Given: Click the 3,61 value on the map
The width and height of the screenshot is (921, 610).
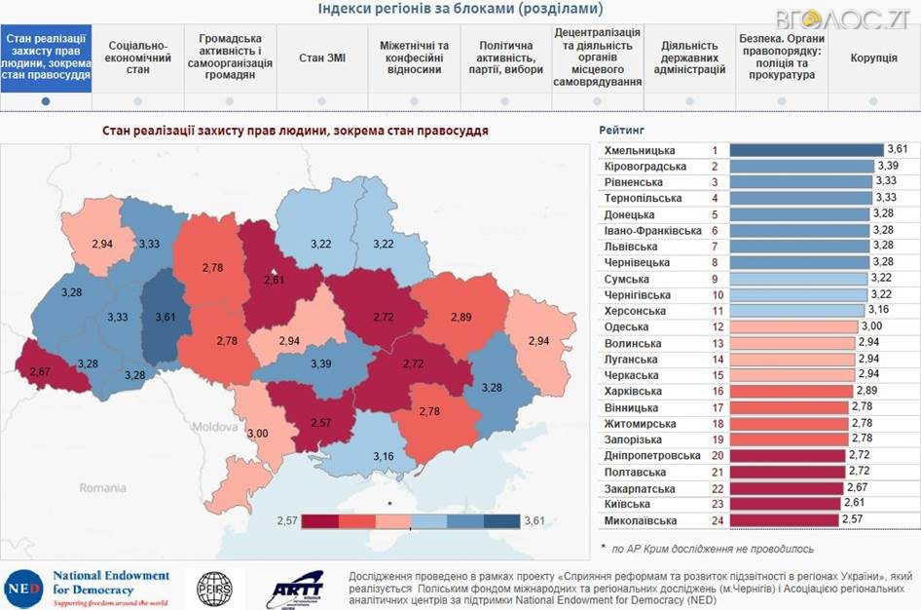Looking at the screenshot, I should point(168,317).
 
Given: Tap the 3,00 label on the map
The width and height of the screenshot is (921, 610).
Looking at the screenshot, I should point(257,433).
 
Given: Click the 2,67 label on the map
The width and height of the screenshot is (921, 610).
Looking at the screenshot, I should point(40,371).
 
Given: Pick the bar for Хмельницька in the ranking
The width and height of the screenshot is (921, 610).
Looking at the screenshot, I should point(806,150).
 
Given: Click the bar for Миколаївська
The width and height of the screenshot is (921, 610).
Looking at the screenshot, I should point(784,520).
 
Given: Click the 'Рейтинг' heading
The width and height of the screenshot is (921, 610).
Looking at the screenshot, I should point(621,130).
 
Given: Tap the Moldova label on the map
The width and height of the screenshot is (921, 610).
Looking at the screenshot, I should point(215,427).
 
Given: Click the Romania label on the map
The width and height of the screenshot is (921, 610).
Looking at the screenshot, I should point(103,486).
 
